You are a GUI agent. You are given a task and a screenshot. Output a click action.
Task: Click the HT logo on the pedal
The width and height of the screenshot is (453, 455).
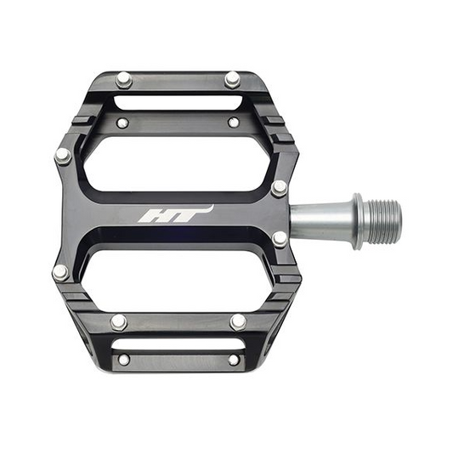coord(175,214)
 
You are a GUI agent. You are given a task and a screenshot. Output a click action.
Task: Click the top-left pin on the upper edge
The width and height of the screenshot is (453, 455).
coord(124,80)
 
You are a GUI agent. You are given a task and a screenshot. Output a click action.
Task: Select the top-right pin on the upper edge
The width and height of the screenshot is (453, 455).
coord(233,79)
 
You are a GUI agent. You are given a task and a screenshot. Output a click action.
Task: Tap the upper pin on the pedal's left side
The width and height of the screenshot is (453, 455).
coord(63,156)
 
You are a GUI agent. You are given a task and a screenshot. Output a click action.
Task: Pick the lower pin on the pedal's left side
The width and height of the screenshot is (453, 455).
coord(61,273)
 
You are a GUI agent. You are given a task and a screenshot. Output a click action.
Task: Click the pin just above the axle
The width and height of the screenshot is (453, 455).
coord(280,188)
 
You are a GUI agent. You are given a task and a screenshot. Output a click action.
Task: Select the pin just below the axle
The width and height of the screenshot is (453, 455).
coord(280,239)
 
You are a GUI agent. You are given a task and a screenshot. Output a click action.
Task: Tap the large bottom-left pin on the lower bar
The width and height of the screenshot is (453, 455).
coord(119,322)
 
